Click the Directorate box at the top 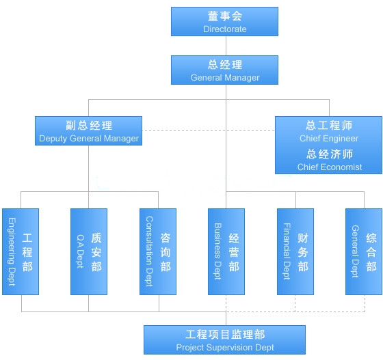pos(224,21)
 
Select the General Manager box pos(224,70)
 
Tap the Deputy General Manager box pos(88,130)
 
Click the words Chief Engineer pos(329,138)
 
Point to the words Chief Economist pos(330,167)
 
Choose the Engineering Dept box pos(21,251)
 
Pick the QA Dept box pos(89,251)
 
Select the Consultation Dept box pos(158,251)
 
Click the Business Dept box pos(226,251)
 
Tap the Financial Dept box pos(295,251)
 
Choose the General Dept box pos(364,251)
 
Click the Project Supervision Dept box pos(224,340)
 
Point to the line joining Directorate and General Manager pos(226,46)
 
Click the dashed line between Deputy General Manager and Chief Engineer pos(209,130)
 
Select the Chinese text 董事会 pos(225,16)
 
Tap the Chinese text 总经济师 pos(330,154)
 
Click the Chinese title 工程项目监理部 pos(225,335)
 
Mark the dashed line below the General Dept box pos(365,303)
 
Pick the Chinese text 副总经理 pos(89,126)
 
